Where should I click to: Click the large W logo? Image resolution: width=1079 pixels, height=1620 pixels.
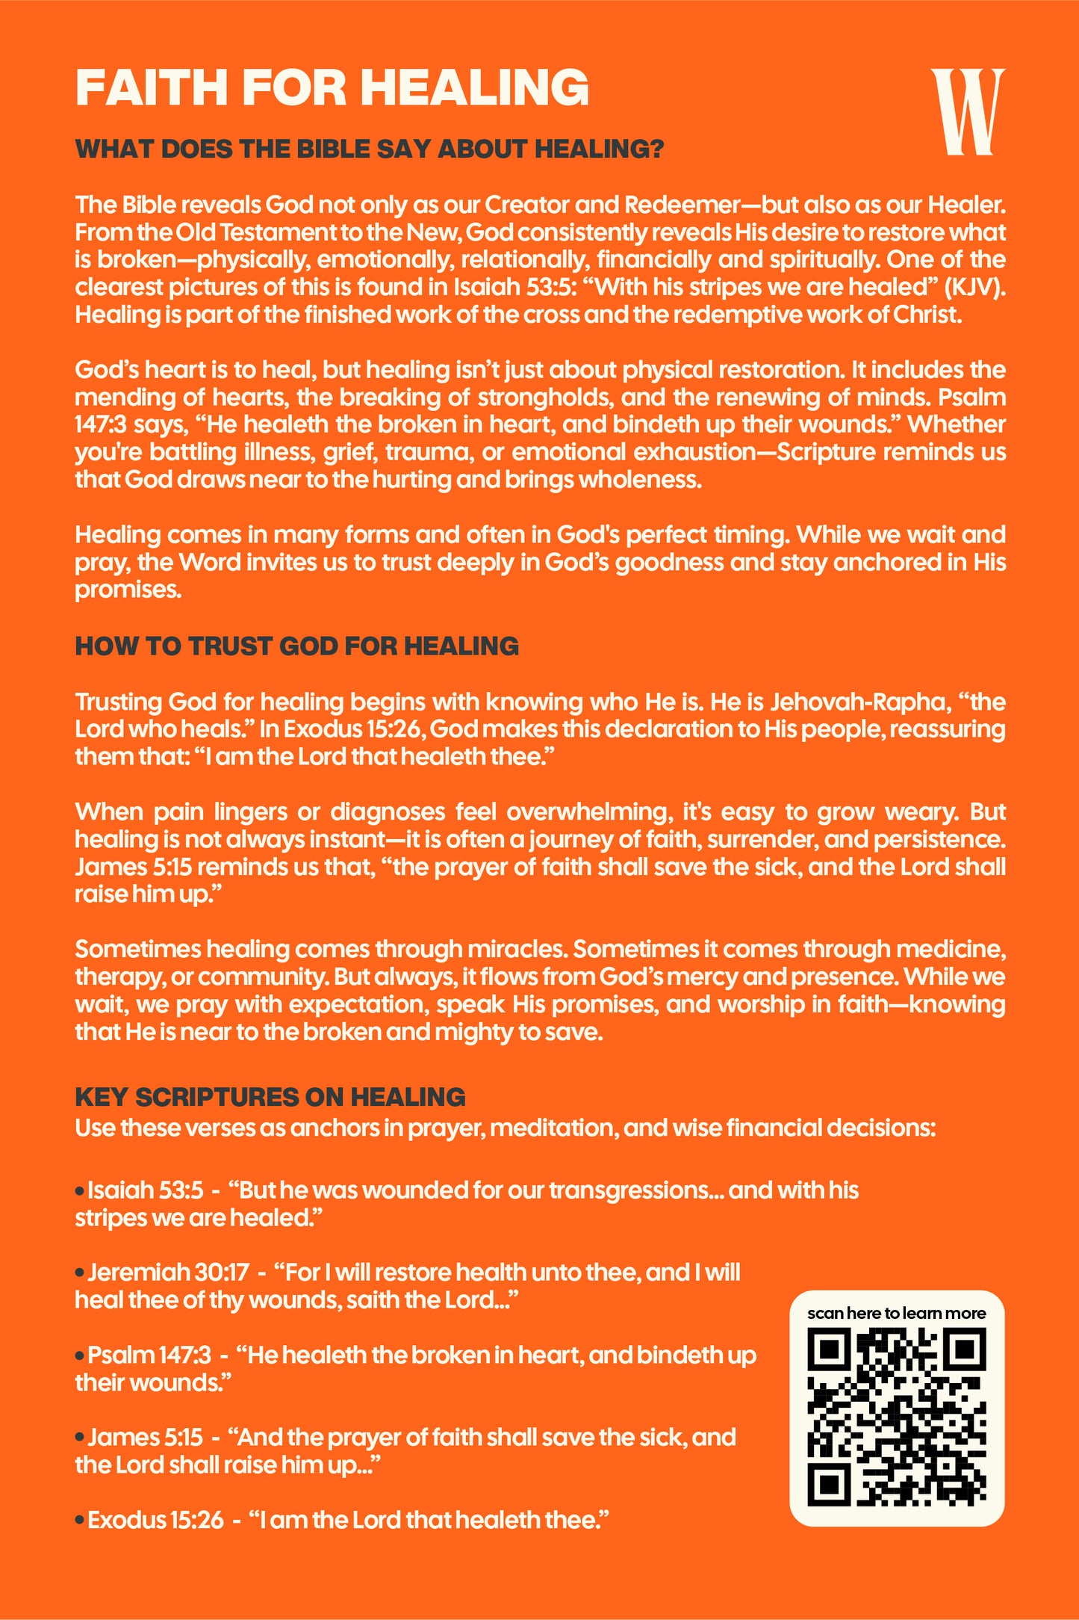pos(968,111)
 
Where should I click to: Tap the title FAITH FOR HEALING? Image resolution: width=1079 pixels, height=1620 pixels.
pos(332,87)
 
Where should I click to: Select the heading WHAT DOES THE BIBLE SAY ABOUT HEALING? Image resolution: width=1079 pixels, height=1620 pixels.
pos(370,149)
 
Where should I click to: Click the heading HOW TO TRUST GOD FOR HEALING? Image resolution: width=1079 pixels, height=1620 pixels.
pos(296,646)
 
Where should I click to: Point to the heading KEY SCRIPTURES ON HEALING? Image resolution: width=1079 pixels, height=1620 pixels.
pos(270,1096)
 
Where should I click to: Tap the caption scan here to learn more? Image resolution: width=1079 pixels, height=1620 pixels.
pos(896,1313)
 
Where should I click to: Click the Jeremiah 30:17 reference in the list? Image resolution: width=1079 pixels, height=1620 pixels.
pos(168,1272)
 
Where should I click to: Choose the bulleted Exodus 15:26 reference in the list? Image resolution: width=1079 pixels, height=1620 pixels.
pos(155,1519)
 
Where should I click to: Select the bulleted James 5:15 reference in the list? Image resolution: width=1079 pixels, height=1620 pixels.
pos(145,1436)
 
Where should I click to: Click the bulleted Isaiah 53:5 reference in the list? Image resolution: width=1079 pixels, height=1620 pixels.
pos(145,1190)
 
